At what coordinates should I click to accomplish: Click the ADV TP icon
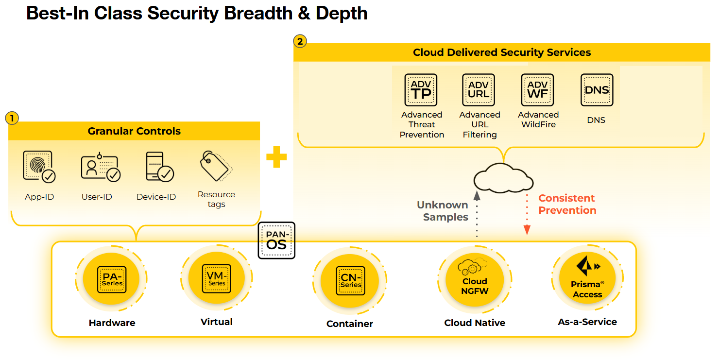tap(421, 90)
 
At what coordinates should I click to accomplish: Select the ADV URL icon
tap(479, 90)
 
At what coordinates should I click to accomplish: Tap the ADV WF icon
tap(537, 90)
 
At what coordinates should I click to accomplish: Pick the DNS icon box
tap(597, 90)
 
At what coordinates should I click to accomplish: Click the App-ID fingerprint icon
tap(39, 167)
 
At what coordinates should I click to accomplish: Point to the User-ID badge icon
tap(100, 167)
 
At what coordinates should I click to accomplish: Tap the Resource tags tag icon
tap(216, 166)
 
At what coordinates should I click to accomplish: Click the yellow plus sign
tap(276, 157)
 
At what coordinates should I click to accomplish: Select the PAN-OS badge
tap(276, 240)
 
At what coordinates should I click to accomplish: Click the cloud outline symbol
tap(503, 178)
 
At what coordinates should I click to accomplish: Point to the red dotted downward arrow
tap(528, 214)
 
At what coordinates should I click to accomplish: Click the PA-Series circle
tap(112, 279)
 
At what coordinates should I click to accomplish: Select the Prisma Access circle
tap(587, 279)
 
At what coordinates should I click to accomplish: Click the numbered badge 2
tap(300, 41)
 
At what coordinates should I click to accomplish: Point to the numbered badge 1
tap(12, 118)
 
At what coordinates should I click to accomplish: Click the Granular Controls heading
tap(134, 131)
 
